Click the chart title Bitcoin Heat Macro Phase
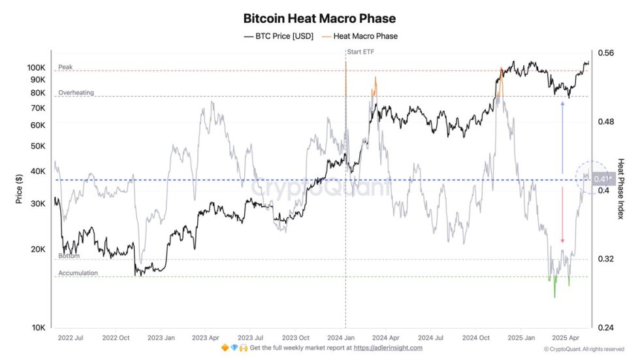[x=319, y=19]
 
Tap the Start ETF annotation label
[x=362, y=52]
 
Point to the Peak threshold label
[x=65, y=67]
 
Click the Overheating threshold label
[x=76, y=93]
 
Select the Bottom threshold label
[x=69, y=255]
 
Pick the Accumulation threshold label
[x=78, y=273]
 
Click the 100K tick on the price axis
[x=36, y=68]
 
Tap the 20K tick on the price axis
[x=38, y=250]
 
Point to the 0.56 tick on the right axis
[x=605, y=54]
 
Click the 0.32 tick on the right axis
[x=605, y=259]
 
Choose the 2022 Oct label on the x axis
[x=116, y=338]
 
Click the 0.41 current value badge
[x=603, y=179]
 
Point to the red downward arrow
[x=562, y=215]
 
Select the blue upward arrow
[x=562, y=137]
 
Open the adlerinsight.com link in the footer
[x=387, y=348]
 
